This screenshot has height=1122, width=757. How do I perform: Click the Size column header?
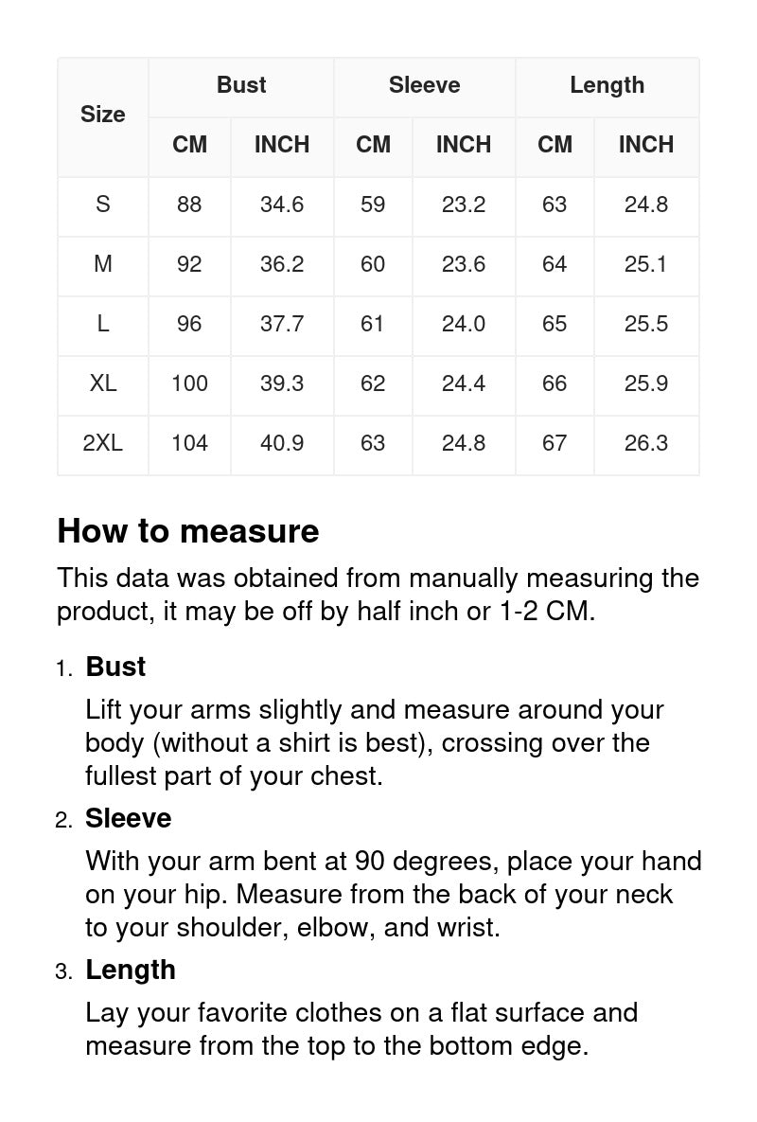tap(102, 115)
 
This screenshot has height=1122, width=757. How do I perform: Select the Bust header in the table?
tap(241, 85)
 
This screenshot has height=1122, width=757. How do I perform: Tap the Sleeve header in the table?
tap(424, 85)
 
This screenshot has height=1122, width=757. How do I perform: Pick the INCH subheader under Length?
tap(646, 145)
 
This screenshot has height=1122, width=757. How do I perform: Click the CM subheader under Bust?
tap(189, 145)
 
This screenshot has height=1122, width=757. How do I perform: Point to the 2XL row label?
tap(102, 443)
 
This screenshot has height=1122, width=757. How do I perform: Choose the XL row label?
tap(102, 383)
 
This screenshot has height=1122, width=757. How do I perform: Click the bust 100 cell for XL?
tap(189, 383)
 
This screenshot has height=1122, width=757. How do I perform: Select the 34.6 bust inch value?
tap(282, 205)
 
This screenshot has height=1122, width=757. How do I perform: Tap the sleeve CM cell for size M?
tap(373, 264)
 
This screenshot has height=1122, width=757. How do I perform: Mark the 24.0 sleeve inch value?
tap(464, 324)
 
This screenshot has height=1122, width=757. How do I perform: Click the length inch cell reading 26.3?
tap(646, 443)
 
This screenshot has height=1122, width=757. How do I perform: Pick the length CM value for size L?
tap(555, 324)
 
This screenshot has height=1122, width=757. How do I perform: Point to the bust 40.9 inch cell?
tap(282, 443)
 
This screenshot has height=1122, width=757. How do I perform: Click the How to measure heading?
tap(188, 531)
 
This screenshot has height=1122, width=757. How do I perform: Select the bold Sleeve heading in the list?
tap(129, 818)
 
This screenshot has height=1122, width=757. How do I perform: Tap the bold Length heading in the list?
tap(131, 970)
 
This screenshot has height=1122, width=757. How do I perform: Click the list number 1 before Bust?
tap(62, 668)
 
